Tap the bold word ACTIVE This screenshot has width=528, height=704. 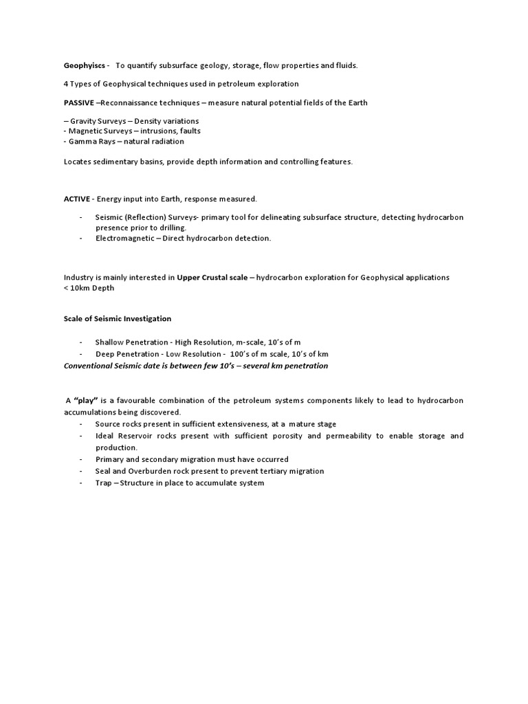click(77, 199)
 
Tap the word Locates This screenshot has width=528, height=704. click(78, 161)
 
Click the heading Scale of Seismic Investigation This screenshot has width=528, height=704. click(118, 318)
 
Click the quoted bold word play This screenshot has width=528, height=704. click(85, 400)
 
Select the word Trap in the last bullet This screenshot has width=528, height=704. click(103, 483)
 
